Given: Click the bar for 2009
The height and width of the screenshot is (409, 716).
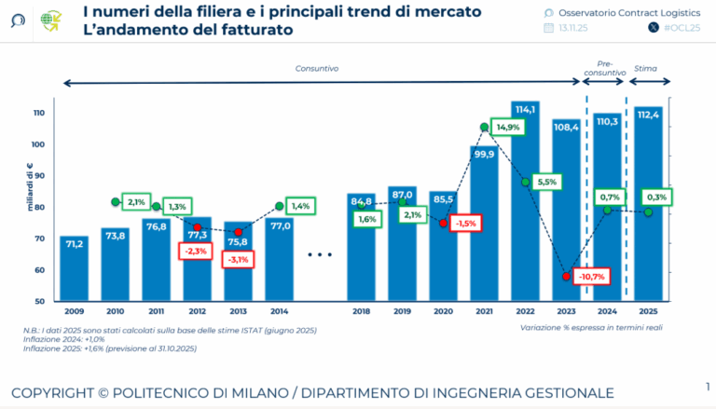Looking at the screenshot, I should [75, 270].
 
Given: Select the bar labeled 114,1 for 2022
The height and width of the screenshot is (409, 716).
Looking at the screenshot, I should [525, 205].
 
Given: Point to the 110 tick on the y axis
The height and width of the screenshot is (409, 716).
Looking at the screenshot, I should [38, 113].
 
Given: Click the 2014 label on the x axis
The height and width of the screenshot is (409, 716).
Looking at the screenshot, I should [279, 312].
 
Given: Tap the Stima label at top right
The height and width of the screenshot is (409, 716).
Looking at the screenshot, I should [644, 68].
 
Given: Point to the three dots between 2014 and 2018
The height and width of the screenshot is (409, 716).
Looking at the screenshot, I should [320, 254].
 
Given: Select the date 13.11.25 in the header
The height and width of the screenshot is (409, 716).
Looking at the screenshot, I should [572, 29].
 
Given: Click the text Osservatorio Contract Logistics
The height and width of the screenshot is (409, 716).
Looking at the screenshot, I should [616, 11].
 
